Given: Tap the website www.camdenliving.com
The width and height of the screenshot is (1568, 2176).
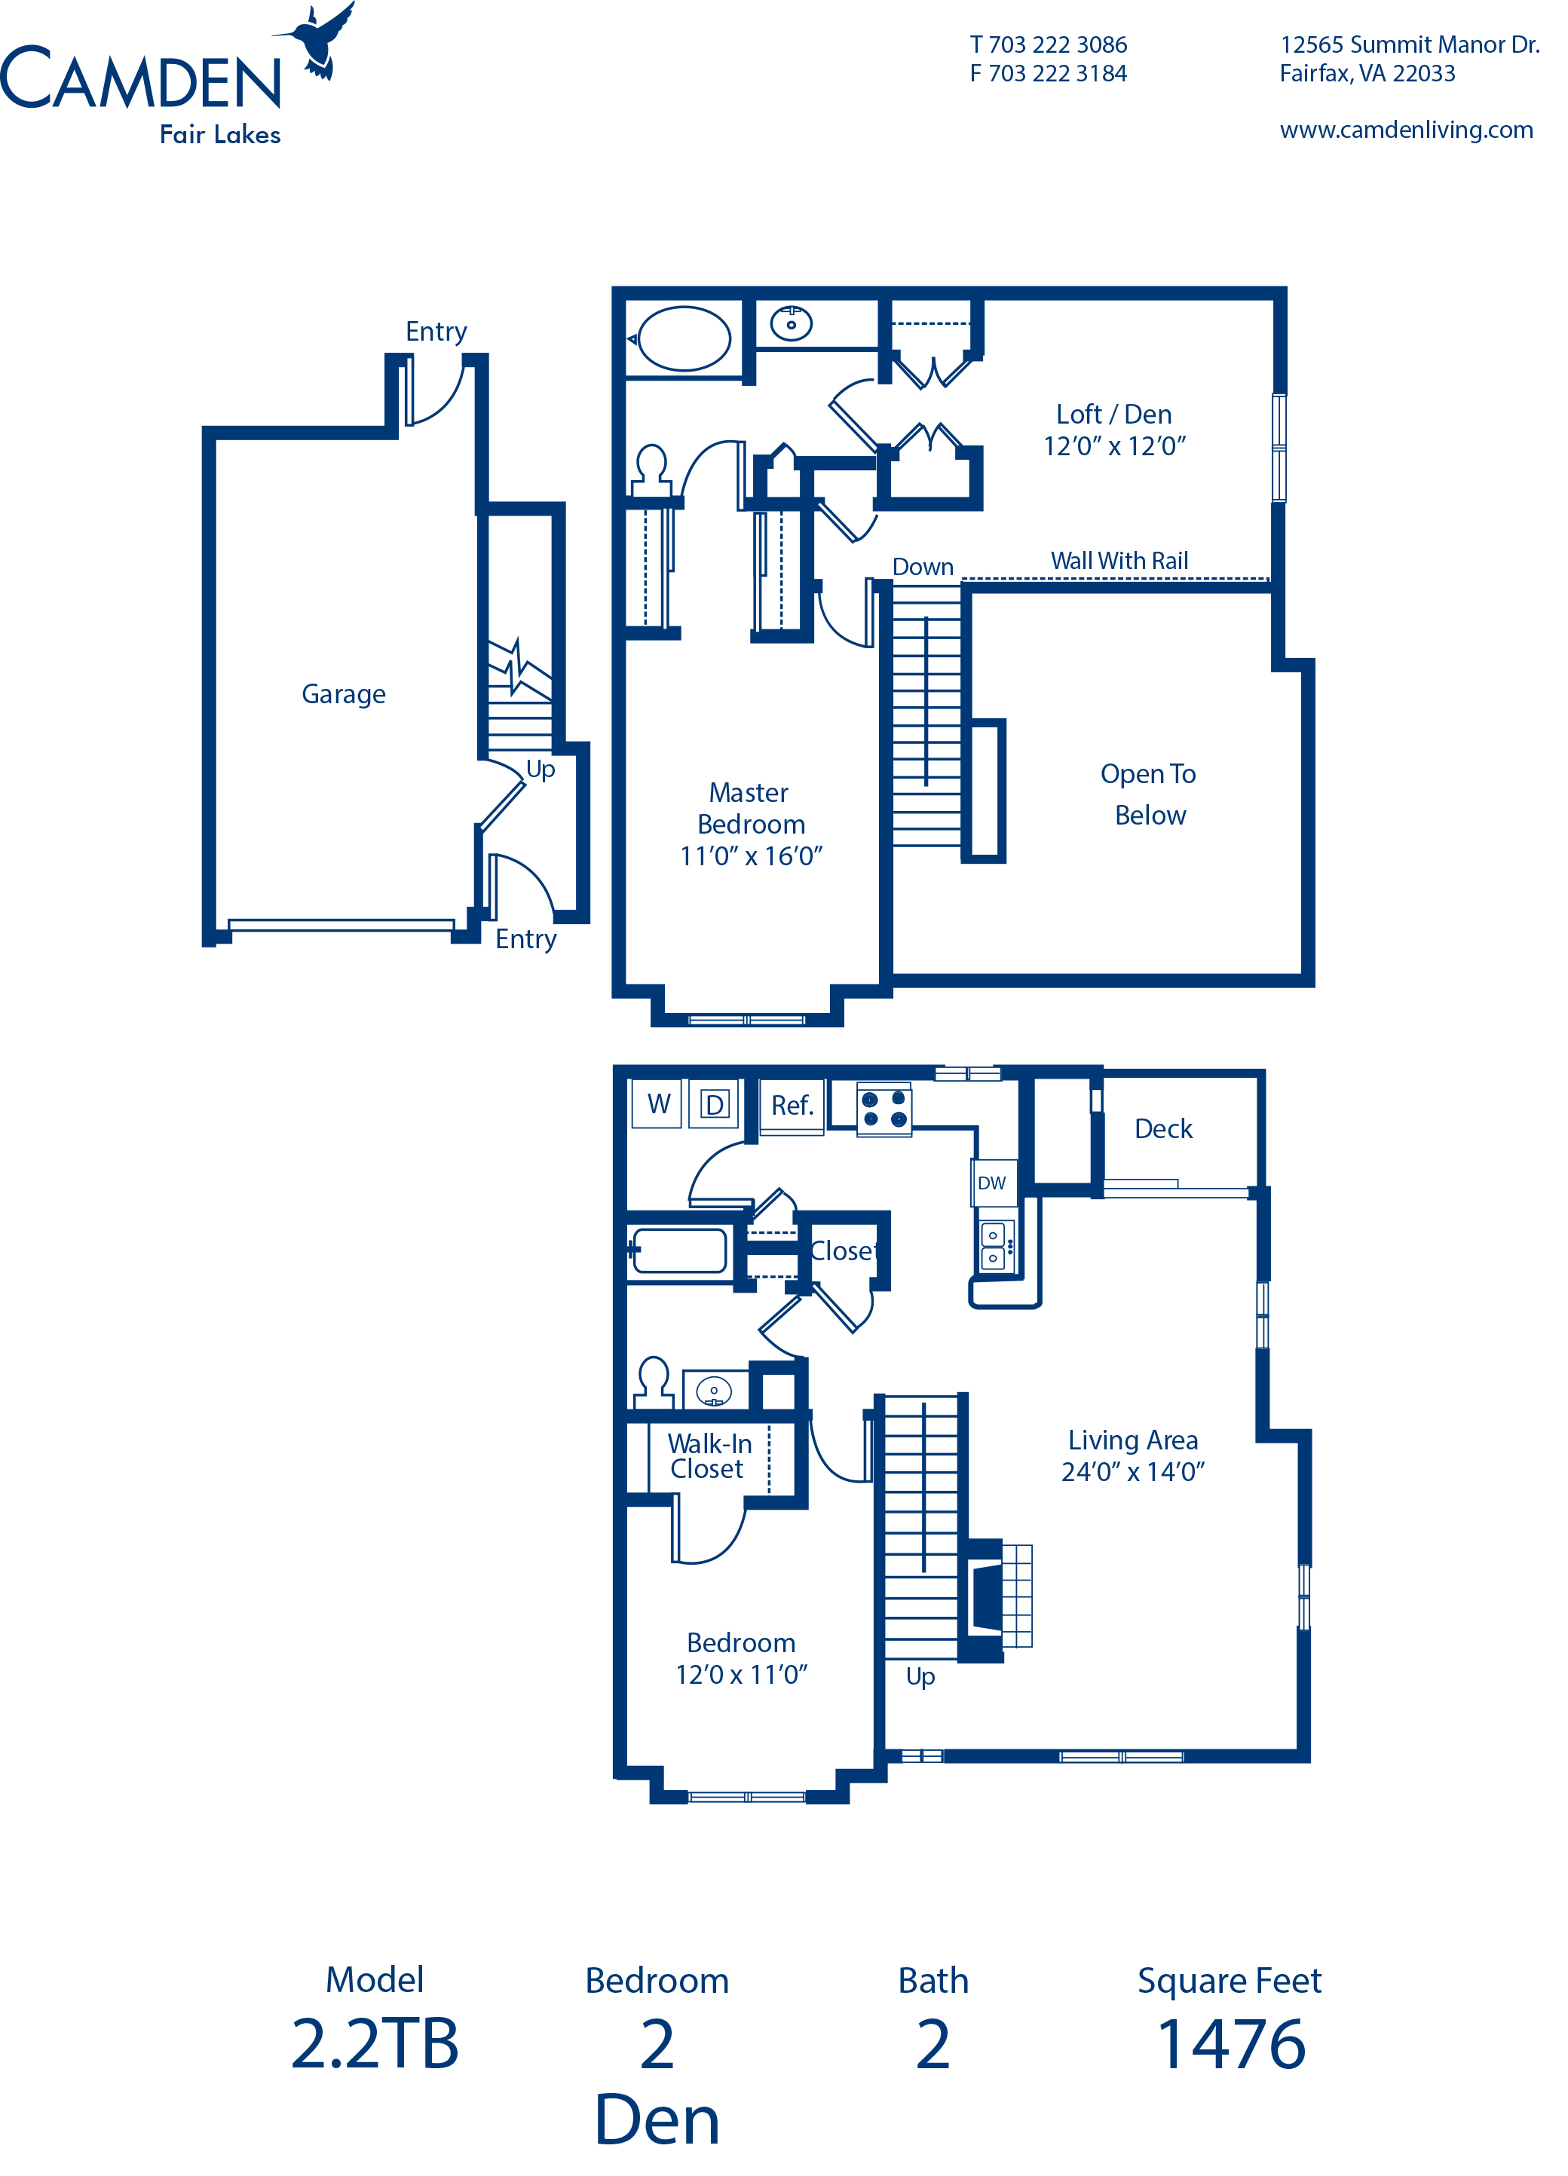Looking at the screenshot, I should [1405, 130].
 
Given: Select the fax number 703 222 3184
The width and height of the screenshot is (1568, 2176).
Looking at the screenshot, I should [1048, 74].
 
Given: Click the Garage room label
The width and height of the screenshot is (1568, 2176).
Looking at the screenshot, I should [344, 693].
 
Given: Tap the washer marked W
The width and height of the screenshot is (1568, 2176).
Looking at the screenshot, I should [657, 1103].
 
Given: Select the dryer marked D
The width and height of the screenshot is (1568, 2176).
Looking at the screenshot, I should [714, 1104].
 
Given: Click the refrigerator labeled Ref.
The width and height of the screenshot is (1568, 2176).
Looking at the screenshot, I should [792, 1106].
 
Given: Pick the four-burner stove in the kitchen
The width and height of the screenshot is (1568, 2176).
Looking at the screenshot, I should [884, 1110].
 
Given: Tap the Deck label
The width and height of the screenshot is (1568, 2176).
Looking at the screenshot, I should [1163, 1129].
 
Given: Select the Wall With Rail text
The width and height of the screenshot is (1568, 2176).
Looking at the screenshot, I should [1119, 562].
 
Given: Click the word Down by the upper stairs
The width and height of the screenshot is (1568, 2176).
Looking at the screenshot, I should [922, 567].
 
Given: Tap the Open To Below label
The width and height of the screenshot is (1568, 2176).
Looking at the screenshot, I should [1147, 794].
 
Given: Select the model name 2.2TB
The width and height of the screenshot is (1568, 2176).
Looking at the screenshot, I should [374, 2043].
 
